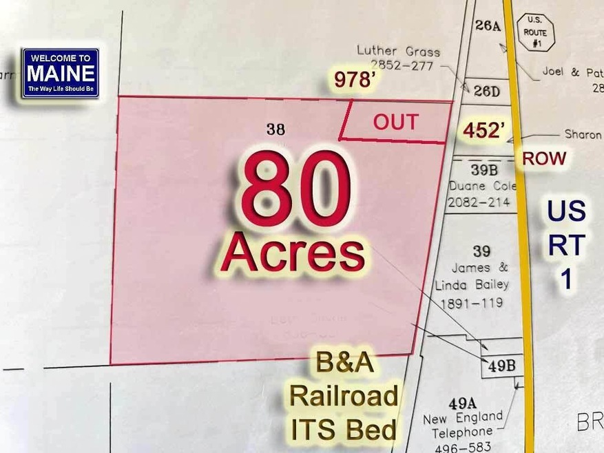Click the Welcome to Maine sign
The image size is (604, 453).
tap(61, 73)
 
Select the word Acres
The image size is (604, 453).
tap(292, 253)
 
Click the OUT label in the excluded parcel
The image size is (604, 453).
tap(395, 122)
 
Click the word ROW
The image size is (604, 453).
tap(544, 158)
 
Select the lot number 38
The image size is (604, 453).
tap(275, 128)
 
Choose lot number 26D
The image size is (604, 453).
tap(486, 90)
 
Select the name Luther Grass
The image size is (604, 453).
tap(398, 50)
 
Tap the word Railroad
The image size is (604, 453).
tap(343, 397)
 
